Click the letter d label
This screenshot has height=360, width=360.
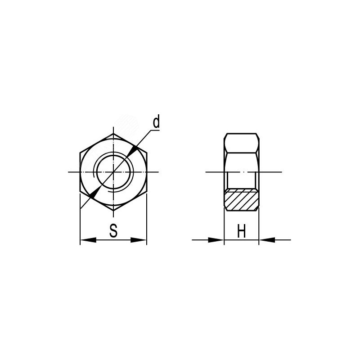156,122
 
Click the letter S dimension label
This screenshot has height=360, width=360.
113,230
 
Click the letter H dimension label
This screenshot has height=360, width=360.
242,231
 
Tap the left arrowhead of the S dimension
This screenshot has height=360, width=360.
88,240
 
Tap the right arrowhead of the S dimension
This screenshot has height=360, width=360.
139,240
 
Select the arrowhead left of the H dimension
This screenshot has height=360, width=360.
216,240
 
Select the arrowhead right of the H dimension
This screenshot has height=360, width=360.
267,240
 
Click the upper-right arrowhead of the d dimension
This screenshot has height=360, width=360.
133,151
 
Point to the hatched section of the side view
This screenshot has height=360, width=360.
242,200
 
